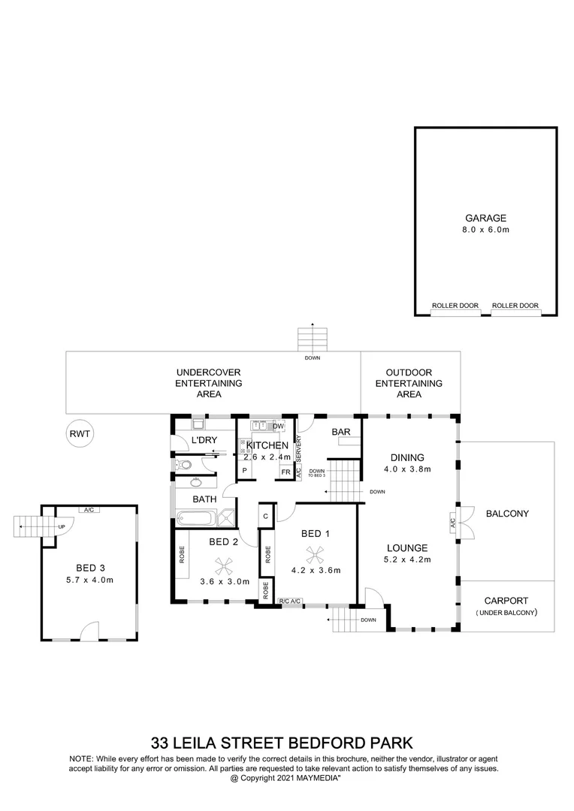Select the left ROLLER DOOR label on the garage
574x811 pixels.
[455, 306]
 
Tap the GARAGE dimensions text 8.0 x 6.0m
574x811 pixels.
[485, 230]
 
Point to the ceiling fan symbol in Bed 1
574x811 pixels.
[314, 553]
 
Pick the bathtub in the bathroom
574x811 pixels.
[195, 517]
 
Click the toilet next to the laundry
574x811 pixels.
[183, 466]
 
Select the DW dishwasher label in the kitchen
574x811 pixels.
[277, 427]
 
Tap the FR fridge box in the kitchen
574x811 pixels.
[285, 472]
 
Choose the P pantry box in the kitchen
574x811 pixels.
[244, 472]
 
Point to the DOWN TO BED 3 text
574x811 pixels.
[316, 473]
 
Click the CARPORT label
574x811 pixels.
[507, 601]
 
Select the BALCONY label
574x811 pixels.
[507, 514]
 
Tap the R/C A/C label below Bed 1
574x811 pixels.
[290, 601]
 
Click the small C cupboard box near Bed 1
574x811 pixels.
[266, 517]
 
